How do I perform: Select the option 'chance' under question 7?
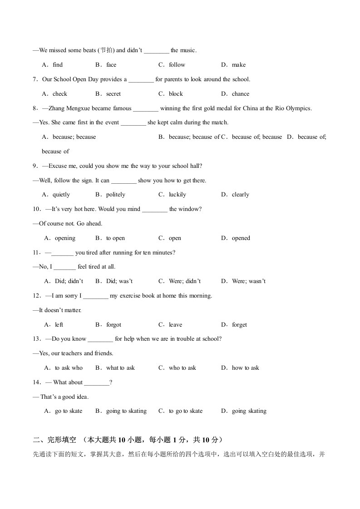click(x=240, y=94)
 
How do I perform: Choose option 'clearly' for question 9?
click(x=240, y=195)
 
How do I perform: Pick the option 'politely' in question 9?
click(x=115, y=195)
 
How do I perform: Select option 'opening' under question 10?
click(x=65, y=238)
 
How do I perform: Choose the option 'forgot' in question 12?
click(x=113, y=325)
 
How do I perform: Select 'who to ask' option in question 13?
click(x=182, y=368)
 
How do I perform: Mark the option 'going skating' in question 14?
click(x=249, y=411)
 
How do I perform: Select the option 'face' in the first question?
click(x=111, y=65)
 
